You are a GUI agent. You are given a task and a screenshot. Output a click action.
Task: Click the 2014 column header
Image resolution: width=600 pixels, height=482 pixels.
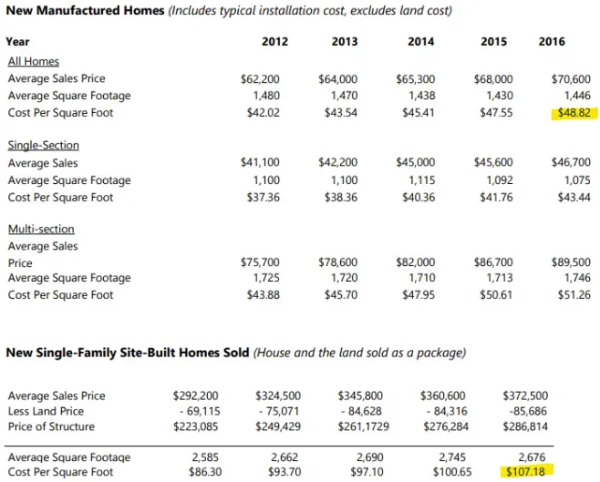tap(421, 41)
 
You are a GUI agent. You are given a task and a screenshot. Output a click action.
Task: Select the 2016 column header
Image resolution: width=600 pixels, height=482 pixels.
tap(552, 41)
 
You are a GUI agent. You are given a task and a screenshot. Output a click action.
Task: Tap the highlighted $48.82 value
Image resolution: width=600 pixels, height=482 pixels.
tap(574, 113)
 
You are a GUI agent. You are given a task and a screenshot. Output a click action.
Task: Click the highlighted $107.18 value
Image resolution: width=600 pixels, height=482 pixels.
tap(525, 472)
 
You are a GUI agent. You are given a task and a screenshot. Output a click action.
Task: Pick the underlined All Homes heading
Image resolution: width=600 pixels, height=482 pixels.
tap(34, 62)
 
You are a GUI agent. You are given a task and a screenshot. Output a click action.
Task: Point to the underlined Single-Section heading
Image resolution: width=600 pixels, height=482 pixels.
tap(44, 145)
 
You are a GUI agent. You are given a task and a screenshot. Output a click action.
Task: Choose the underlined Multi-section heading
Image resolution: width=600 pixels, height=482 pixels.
tap(41, 229)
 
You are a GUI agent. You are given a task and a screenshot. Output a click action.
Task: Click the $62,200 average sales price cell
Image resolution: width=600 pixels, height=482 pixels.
tap(260, 79)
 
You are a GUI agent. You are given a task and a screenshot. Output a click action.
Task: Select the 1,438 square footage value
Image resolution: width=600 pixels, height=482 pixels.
tap(421, 96)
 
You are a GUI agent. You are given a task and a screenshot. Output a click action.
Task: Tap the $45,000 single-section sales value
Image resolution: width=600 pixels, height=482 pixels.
tap(416, 162)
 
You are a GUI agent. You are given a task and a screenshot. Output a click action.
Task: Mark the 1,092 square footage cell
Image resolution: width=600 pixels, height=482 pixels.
tap(500, 180)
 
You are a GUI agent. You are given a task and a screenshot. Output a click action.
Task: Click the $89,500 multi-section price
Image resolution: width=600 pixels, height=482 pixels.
tap(571, 262)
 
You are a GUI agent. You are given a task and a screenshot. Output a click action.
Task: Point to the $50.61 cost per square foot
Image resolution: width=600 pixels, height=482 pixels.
tap(496, 294)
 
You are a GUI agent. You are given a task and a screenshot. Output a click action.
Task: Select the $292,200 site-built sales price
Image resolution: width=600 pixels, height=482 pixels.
tap(195, 395)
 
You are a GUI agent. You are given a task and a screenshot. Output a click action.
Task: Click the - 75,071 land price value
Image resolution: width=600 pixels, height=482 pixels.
tap(280, 411)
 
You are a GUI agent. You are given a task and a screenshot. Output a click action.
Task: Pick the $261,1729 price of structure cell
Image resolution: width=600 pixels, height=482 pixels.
tap(364, 426)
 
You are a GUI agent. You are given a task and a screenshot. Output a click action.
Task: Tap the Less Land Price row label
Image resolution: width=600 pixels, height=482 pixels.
tap(46, 411)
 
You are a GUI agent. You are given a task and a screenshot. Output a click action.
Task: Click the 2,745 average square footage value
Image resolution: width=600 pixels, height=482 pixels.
tap(452, 457)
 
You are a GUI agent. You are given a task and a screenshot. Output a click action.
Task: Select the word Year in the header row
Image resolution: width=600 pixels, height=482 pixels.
tap(17, 41)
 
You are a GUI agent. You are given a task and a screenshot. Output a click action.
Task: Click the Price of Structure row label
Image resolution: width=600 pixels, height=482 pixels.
tap(51, 426)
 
